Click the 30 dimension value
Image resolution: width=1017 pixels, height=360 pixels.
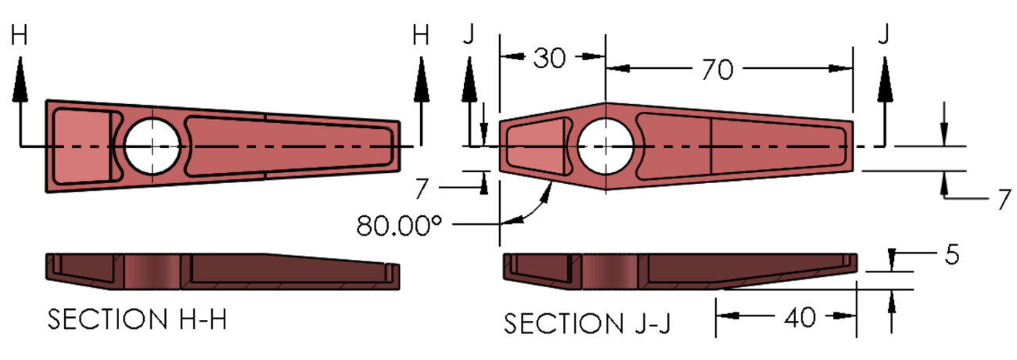[x=549, y=59]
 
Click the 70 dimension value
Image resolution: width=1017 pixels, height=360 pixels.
[x=717, y=70]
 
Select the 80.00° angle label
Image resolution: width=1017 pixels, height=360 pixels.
[x=399, y=225]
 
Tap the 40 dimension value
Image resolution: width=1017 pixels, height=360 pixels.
[x=800, y=317]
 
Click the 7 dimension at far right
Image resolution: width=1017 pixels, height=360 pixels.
[x=1004, y=200]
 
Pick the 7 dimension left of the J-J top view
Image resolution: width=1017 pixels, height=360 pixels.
[x=422, y=189]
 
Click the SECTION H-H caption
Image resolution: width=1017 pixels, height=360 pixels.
[x=137, y=319]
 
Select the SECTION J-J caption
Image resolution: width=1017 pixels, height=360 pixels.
[x=587, y=324]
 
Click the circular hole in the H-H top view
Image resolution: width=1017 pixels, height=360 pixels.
[x=153, y=146]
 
